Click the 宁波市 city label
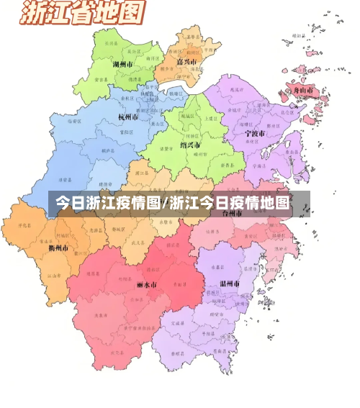point(254,134)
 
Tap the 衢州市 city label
point(58,248)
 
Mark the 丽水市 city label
point(146,285)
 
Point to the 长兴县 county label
point(111,44)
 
